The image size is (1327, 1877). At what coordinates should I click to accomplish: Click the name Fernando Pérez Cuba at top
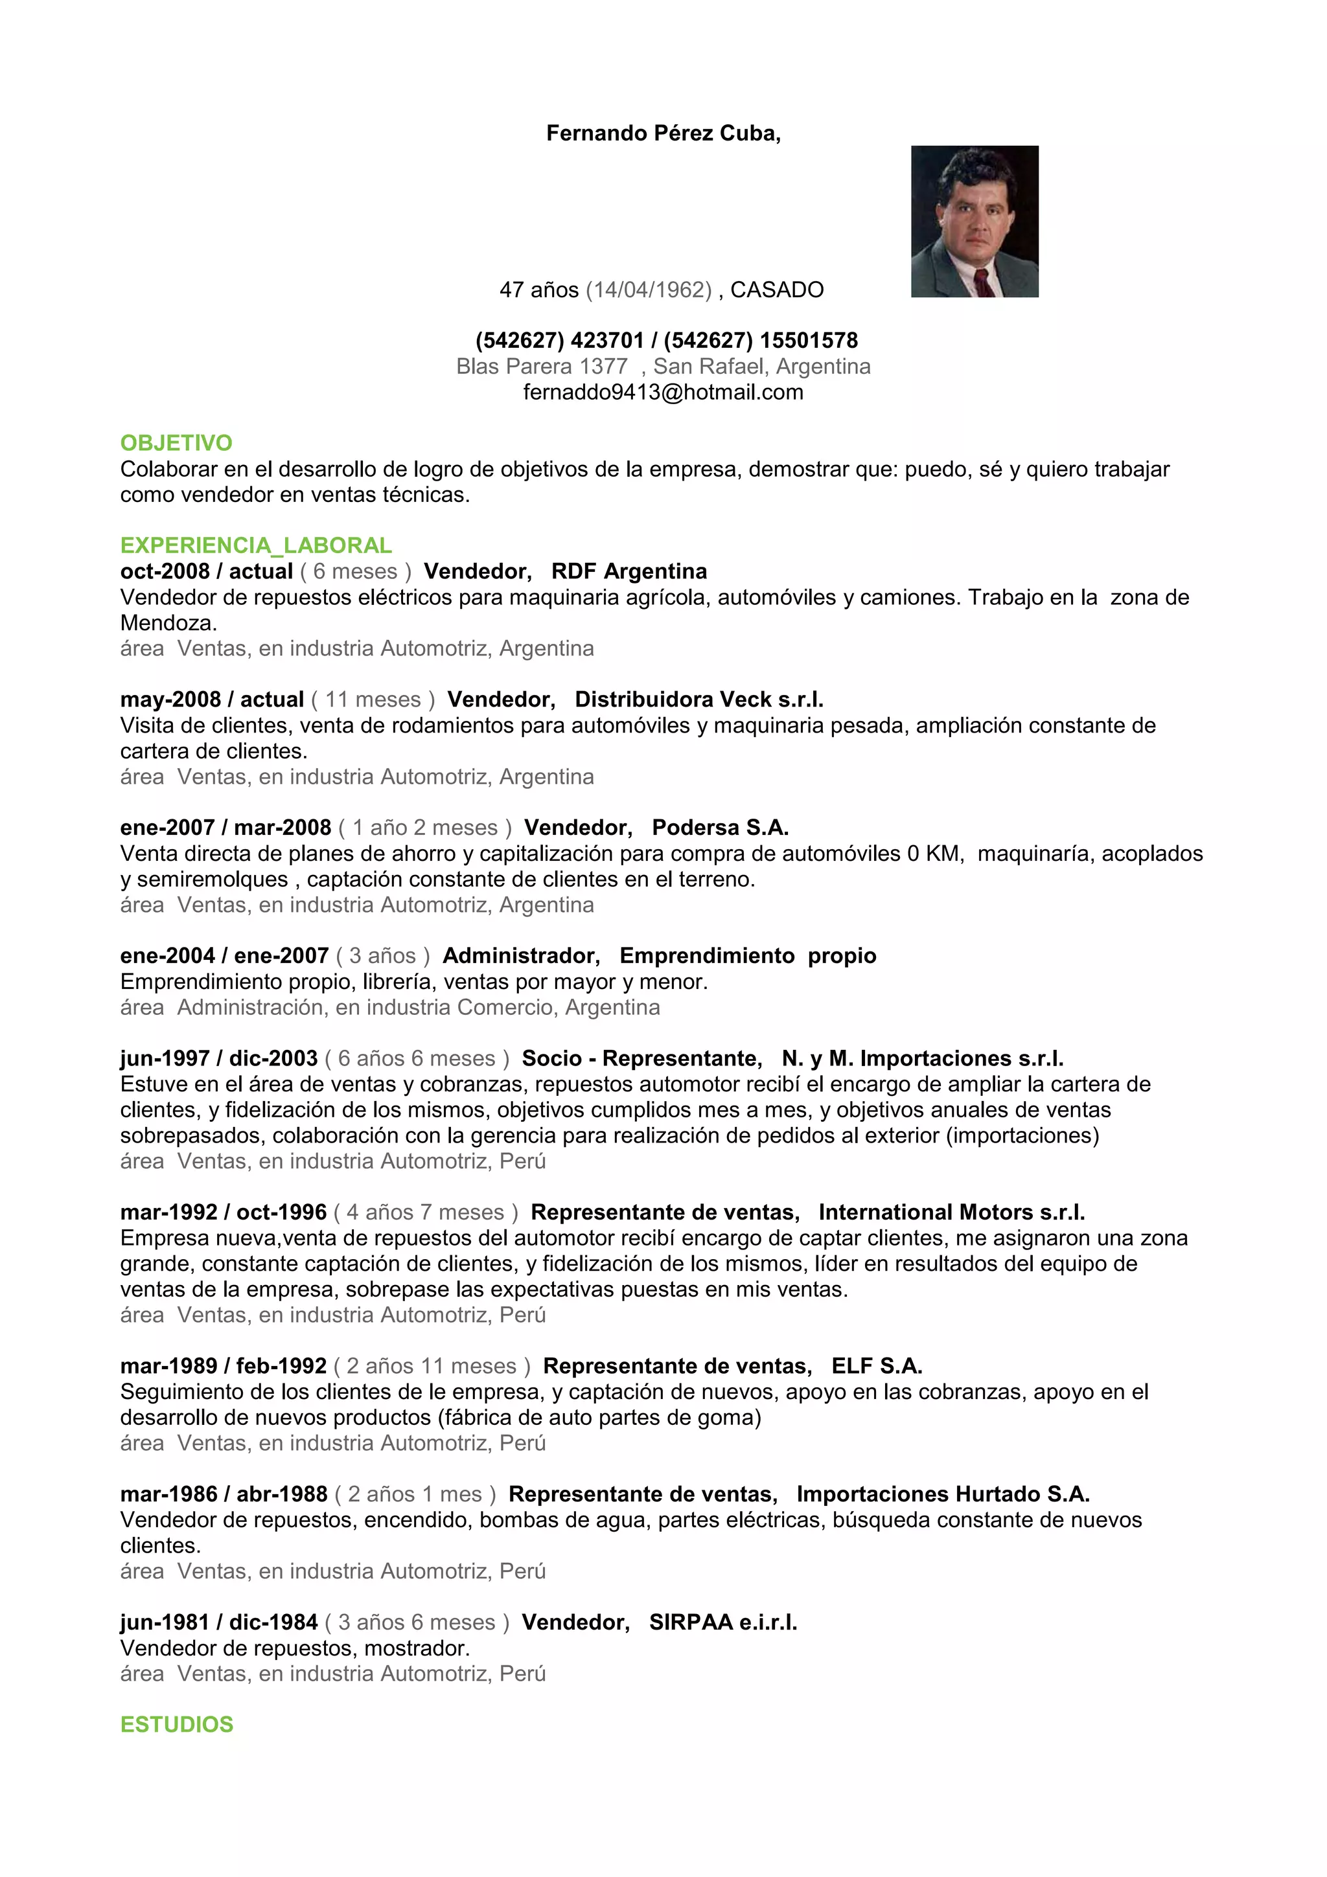pos(662,133)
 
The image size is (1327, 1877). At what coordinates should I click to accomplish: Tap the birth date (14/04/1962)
pos(649,290)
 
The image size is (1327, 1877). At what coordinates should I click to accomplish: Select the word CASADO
pos(777,290)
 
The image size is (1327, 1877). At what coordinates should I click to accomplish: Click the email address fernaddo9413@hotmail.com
pos(663,392)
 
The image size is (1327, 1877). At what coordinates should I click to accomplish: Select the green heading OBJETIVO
pos(176,443)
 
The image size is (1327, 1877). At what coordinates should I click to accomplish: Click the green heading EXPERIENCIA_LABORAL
pos(256,545)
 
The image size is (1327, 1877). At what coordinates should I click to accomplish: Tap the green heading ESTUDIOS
pos(177,1724)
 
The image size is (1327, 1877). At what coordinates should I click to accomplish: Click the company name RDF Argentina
pos(629,571)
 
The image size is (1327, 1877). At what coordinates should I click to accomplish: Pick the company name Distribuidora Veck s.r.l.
pos(699,700)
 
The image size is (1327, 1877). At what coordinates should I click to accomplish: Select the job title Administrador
pos(521,956)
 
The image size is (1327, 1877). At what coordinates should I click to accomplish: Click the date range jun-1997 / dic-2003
pos(218,1059)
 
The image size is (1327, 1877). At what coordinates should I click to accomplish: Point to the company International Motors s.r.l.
pos(952,1212)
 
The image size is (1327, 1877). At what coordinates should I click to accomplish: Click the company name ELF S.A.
pos(877,1366)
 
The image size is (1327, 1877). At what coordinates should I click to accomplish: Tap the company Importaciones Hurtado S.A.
pos(943,1494)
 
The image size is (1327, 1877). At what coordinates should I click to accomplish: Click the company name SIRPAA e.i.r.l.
pos(722,1622)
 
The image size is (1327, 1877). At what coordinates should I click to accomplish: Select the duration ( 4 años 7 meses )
pos(425,1212)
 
